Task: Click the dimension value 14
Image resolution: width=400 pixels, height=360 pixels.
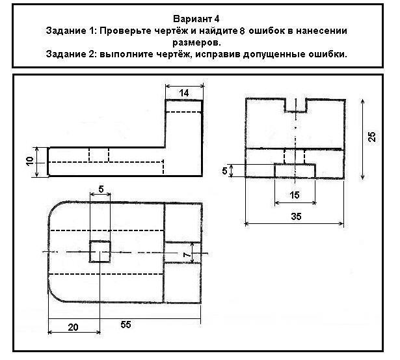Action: point(184,93)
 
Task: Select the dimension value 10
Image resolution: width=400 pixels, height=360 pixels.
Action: point(30,161)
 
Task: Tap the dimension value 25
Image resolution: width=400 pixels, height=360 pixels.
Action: point(372,137)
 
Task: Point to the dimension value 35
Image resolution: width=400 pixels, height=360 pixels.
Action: point(296,217)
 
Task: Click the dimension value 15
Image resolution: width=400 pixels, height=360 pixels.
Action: point(295,195)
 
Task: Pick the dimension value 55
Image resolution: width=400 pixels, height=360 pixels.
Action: point(126,324)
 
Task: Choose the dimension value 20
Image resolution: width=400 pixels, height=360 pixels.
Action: point(73,327)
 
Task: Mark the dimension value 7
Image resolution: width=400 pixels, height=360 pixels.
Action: point(187,255)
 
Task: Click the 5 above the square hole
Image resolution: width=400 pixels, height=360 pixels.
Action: point(101,189)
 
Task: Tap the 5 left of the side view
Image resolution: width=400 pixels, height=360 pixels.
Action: point(224,171)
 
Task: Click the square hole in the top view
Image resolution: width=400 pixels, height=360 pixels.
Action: point(100,251)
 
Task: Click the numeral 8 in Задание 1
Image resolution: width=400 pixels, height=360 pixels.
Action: point(242,31)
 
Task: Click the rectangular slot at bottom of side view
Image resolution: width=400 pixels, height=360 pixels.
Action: point(295,171)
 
